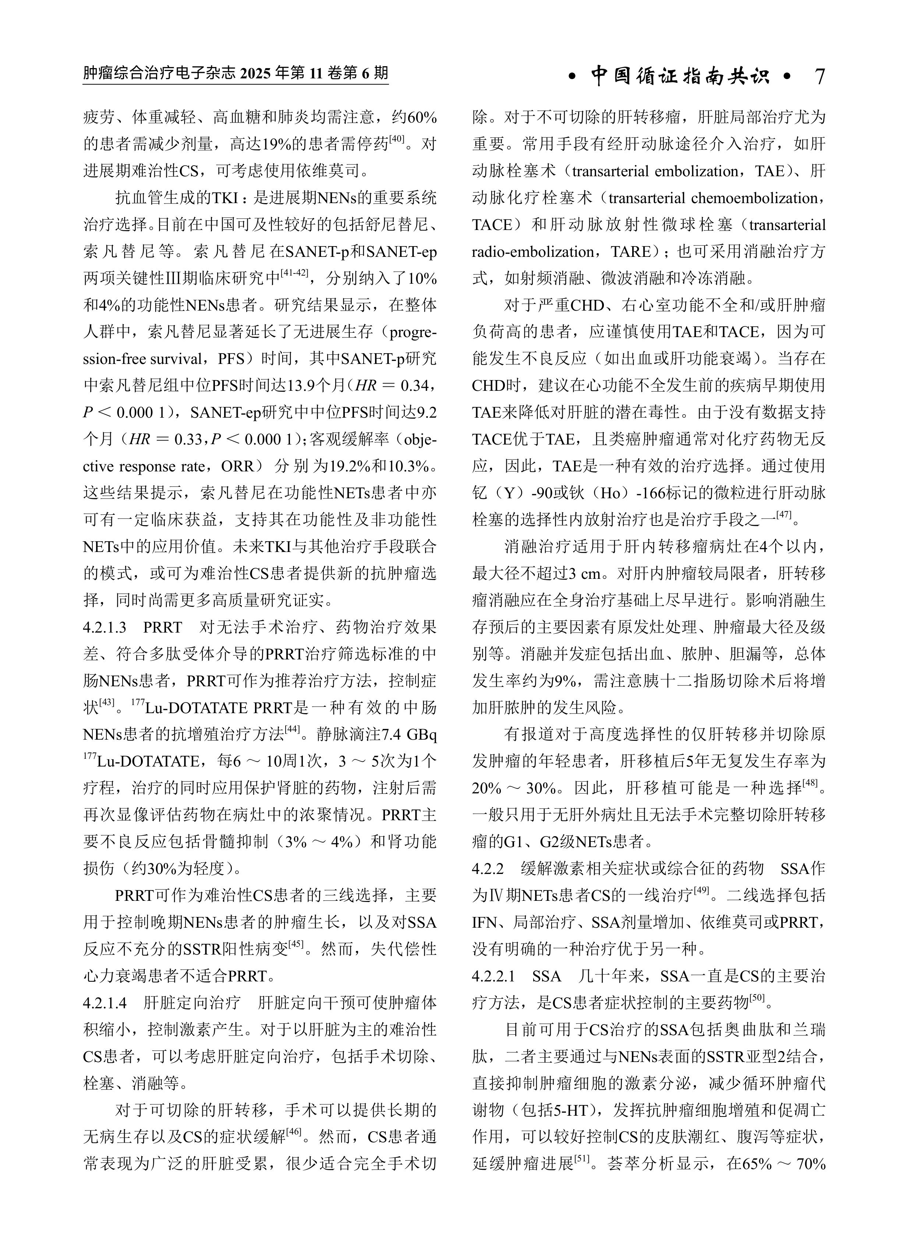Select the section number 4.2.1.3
click(105, 627)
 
